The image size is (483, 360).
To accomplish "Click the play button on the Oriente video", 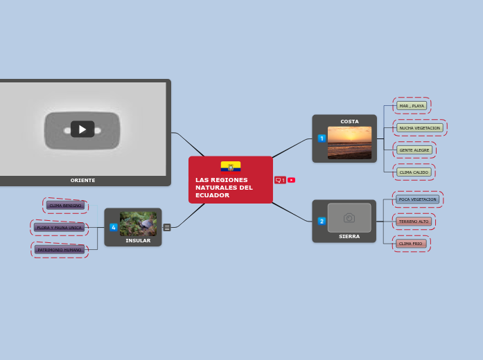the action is pos(82,129).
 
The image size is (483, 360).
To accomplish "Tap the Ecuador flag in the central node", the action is pos(231,166).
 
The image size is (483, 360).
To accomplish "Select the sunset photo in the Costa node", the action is pos(349,143).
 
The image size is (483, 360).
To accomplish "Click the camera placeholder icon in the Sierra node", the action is pos(349,217).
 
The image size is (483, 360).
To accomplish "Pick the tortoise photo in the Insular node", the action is pos(138,224).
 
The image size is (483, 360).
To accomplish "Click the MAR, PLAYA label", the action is pos(412,106).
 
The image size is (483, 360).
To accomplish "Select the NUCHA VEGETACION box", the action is pos(420,128).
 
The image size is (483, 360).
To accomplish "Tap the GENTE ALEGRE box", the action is pos(414,150).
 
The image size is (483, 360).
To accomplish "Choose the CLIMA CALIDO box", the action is pos(414,172).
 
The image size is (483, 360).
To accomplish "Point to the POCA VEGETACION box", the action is pos(418,199).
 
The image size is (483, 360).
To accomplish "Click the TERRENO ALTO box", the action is pos(414,222).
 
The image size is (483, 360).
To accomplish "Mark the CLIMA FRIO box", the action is pos(411,244).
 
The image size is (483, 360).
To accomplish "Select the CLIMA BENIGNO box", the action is pos(65,206).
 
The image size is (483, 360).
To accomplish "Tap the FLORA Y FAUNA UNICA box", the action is pos(60,227).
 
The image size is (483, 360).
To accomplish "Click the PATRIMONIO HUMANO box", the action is pos(60,249).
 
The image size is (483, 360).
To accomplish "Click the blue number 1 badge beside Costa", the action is pos(322,138).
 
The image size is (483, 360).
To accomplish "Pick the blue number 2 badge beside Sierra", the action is pos(322,222).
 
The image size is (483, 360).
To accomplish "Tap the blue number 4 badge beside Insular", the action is pos(113,227).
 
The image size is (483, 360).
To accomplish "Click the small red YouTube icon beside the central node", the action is pos(291,180).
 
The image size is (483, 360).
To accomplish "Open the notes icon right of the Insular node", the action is pos(167,227).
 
